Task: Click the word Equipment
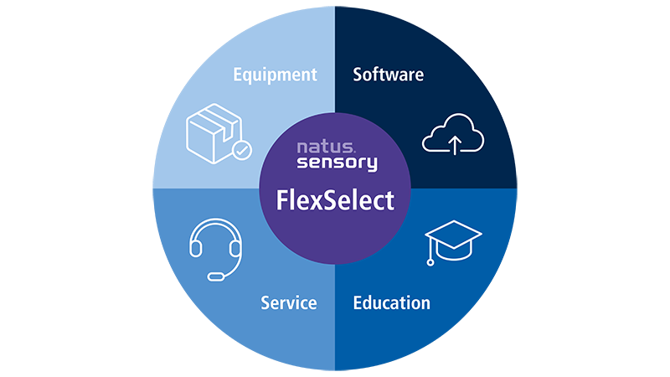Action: pyautogui.click(x=275, y=75)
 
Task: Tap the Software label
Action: pyautogui.click(x=388, y=75)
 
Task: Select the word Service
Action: pyautogui.click(x=289, y=302)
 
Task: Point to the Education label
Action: pyautogui.click(x=391, y=302)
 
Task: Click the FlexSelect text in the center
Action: pyautogui.click(x=335, y=200)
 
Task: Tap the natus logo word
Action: pyautogui.click(x=326, y=147)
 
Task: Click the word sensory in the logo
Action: pyautogui.click(x=338, y=163)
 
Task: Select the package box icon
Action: pyautogui.click(x=219, y=133)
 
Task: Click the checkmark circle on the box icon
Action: pyautogui.click(x=242, y=150)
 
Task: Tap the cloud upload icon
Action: pyautogui.click(x=453, y=133)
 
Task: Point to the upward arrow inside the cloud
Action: pyautogui.click(x=455, y=145)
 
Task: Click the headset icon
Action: pyautogui.click(x=216, y=249)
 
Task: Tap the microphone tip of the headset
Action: pyautogui.click(x=216, y=276)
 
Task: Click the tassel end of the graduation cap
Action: pyautogui.click(x=430, y=262)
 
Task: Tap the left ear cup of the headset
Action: pyautogui.click(x=196, y=248)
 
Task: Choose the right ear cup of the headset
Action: pyautogui.click(x=235, y=248)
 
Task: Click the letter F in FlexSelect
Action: pyautogui.click(x=282, y=200)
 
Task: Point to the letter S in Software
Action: pyautogui.click(x=358, y=75)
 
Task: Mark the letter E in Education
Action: pyautogui.click(x=358, y=302)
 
